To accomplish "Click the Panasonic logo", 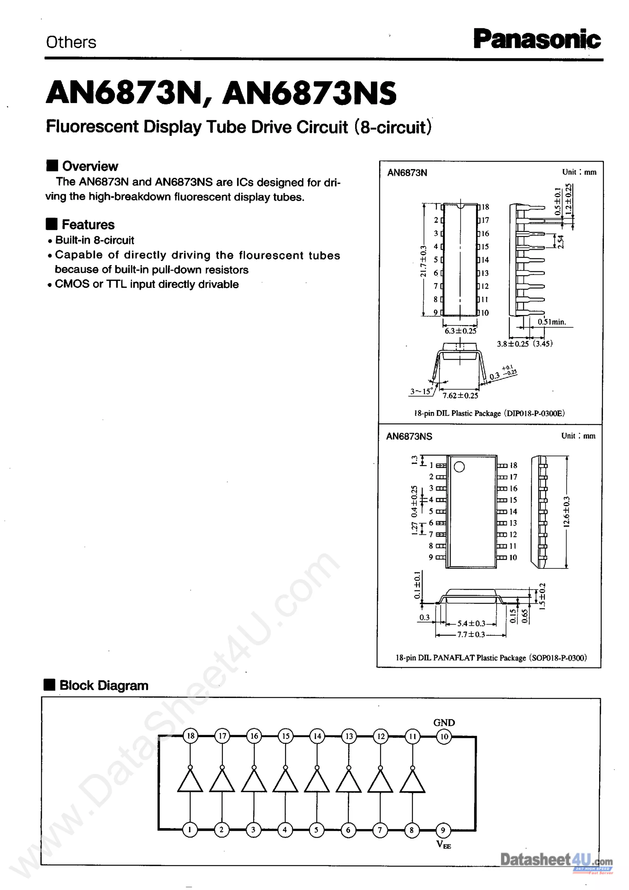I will click(x=537, y=40).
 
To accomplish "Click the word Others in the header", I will click(x=71, y=42).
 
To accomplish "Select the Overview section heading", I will click(x=90, y=166).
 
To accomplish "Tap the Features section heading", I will click(x=88, y=224).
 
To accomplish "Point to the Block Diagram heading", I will click(x=104, y=685).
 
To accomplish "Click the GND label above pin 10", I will click(x=444, y=722).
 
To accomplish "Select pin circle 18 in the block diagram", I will click(x=190, y=736).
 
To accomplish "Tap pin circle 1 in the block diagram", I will click(x=190, y=830).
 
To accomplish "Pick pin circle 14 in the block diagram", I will click(x=317, y=736).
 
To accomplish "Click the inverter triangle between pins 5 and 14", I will click(x=317, y=781).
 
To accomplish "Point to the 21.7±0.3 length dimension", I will click(x=423, y=261).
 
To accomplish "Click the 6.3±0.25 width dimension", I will click(x=460, y=331).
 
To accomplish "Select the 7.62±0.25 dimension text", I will click(x=460, y=395).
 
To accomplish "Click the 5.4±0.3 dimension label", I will click(x=471, y=623).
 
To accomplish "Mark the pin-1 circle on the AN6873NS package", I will click(x=459, y=467).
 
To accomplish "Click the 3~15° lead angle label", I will click(x=421, y=391).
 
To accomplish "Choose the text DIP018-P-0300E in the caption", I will click(x=534, y=413).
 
